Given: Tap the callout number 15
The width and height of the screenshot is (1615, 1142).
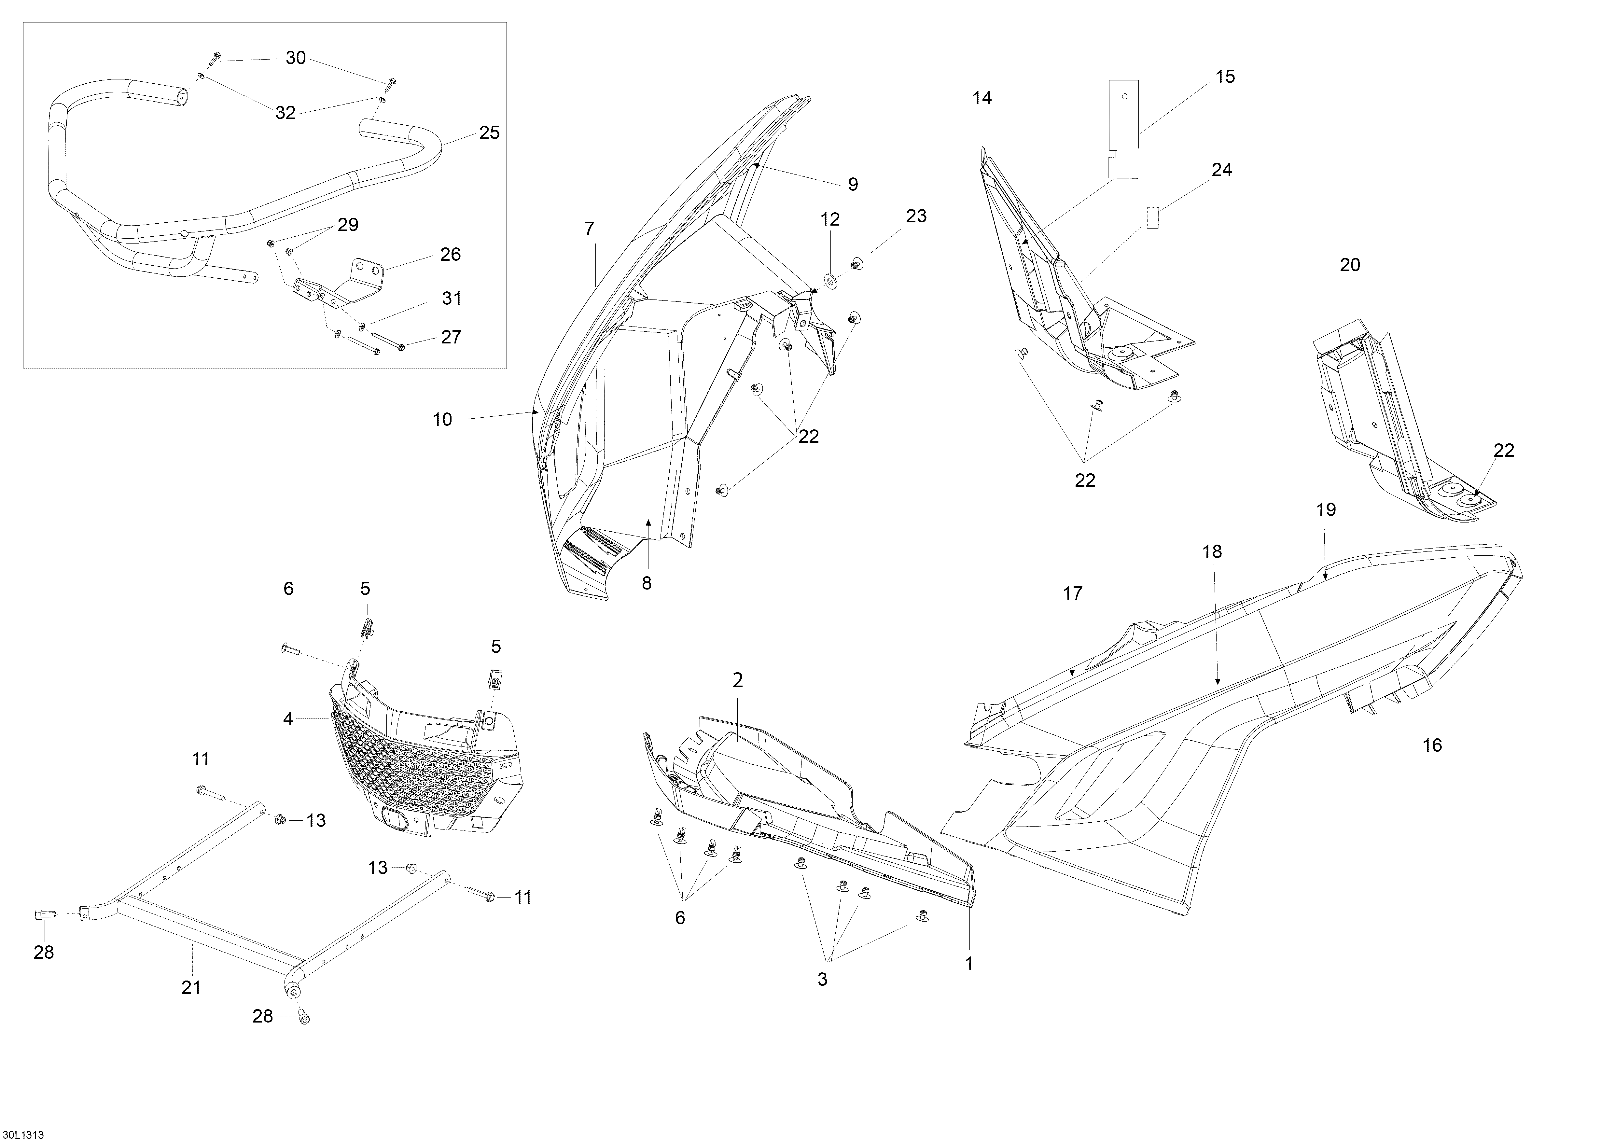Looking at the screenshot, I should point(1225,77).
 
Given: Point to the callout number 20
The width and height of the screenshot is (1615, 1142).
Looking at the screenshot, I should point(1350,265).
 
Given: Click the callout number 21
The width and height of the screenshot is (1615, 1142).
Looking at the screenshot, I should point(191,987).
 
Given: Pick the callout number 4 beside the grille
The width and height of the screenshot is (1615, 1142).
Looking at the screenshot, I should point(288,719).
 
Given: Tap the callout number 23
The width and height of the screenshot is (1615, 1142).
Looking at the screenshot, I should point(916,216).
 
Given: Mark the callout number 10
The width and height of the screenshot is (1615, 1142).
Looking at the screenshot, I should point(442,420).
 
